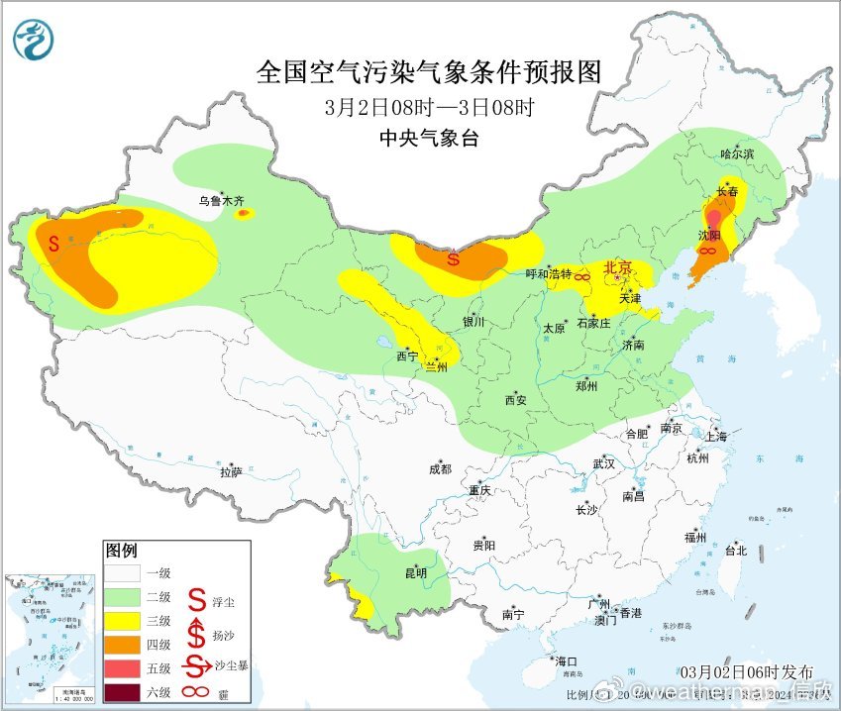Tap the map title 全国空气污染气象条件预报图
[429, 72]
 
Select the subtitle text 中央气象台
[429, 139]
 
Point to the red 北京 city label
[618, 266]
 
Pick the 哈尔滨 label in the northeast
[737, 154]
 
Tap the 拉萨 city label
[231, 472]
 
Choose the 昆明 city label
[416, 572]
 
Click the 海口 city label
[566, 660]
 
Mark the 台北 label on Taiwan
[735, 551]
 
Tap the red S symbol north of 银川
[453, 260]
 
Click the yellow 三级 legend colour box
[124, 621]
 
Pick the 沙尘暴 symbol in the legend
[197, 665]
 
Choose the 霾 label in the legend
[231, 690]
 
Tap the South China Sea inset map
[49, 634]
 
